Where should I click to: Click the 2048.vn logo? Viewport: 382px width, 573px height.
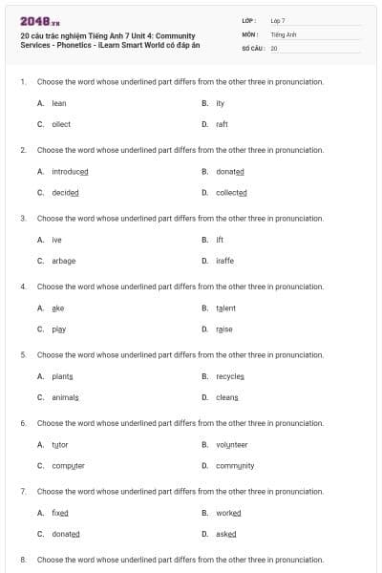click(33, 21)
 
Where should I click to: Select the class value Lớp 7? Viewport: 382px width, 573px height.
click(278, 21)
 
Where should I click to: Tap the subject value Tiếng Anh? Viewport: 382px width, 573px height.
click(280, 34)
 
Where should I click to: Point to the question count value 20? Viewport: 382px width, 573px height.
click(274, 48)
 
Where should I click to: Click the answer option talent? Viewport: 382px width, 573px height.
click(225, 308)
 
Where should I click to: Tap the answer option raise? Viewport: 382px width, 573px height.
click(223, 329)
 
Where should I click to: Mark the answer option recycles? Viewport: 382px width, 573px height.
click(230, 376)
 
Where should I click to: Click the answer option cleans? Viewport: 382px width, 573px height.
click(227, 397)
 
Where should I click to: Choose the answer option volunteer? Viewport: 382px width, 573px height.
click(231, 445)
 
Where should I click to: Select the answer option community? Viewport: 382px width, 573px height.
click(234, 466)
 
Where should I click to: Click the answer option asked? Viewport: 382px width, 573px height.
click(226, 534)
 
